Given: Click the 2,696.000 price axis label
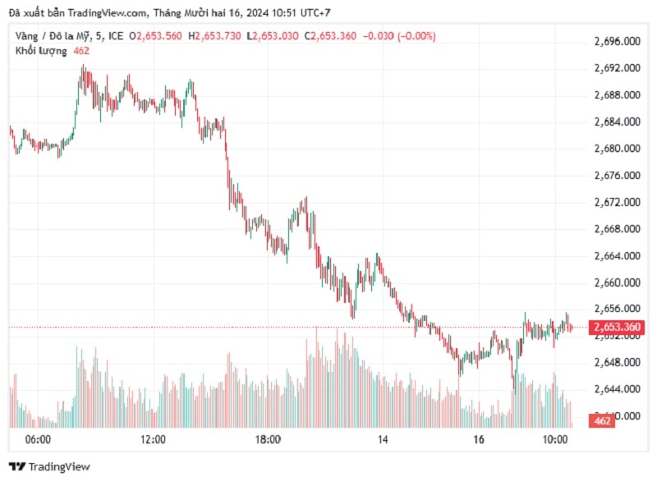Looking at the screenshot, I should (617, 41).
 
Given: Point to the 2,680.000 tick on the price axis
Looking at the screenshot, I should (617, 149).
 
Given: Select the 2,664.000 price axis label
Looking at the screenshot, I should (617, 256).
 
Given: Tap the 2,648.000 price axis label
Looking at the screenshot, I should (617, 362).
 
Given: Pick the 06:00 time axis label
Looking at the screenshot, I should (39, 440).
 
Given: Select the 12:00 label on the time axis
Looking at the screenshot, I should (154, 440).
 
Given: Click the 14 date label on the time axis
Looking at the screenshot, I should (383, 440).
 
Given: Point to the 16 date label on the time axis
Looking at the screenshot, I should (480, 440).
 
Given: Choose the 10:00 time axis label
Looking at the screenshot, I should (556, 440).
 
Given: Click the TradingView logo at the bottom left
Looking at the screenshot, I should (49, 466).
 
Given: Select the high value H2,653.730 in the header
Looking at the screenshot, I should (218, 36).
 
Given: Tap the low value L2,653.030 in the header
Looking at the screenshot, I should (276, 36).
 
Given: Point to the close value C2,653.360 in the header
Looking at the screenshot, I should (331, 36).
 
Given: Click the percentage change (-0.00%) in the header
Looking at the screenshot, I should (416, 36).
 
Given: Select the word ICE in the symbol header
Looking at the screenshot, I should (116, 36).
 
